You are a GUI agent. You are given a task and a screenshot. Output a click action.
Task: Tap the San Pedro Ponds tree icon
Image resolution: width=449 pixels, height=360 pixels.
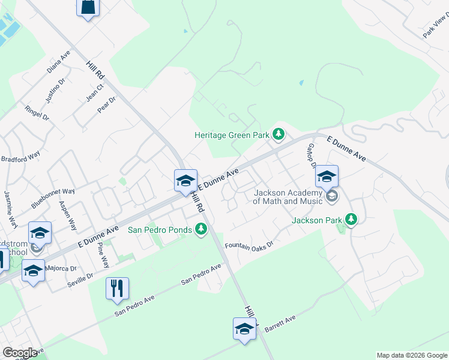point(201,229)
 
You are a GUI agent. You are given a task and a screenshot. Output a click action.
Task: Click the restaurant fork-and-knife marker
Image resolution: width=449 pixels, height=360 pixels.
point(117,288)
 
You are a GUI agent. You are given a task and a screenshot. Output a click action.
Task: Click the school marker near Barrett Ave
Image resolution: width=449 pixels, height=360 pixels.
point(244,329)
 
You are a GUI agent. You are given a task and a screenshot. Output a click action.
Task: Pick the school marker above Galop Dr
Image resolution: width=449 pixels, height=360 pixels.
point(327,176)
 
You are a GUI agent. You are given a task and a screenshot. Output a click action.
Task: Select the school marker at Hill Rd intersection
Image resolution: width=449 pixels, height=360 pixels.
point(185,181)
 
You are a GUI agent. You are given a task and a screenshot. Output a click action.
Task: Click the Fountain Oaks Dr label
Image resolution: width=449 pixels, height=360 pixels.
point(249,245)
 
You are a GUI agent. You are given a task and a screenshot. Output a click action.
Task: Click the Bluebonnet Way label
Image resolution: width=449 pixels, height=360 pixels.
point(53,198)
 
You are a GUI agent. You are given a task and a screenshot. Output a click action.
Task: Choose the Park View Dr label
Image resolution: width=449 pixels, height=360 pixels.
point(435,26)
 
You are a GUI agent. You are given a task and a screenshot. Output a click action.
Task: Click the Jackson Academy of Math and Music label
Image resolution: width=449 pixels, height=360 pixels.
point(288,197)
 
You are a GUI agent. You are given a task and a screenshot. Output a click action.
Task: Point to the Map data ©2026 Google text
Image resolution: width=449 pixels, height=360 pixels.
point(412,355)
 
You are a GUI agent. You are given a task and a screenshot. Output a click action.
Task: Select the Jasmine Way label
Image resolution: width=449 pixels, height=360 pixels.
point(10,206)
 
